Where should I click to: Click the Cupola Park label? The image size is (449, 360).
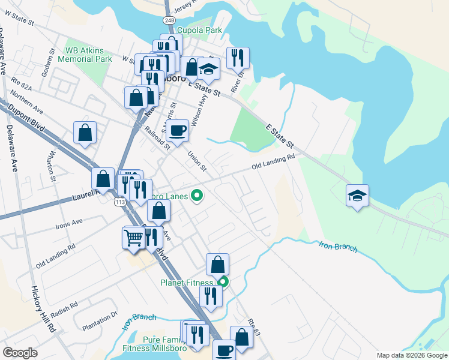(203, 30)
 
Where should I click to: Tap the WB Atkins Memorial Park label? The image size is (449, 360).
(88, 55)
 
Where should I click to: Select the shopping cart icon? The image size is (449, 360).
(133, 237)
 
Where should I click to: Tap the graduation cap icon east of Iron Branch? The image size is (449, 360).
(357, 196)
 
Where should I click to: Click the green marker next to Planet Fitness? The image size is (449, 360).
(223, 281)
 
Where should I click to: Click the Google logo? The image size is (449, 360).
(20, 353)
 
